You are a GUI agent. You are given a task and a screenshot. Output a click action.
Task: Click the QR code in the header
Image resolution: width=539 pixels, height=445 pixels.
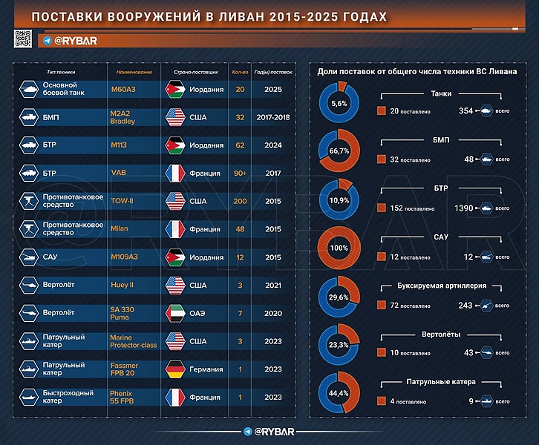(23, 39)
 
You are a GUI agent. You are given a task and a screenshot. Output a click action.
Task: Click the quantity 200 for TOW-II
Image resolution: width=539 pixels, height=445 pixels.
(240, 201)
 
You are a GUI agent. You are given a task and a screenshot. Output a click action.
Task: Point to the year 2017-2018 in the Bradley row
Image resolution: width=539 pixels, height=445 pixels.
(273, 117)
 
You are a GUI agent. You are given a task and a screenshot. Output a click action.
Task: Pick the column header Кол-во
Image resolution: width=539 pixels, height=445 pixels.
(239, 73)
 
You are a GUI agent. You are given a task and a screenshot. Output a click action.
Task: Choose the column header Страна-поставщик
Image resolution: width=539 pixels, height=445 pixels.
(196, 73)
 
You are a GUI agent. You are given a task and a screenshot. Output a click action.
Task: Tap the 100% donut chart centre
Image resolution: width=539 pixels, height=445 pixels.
(339, 247)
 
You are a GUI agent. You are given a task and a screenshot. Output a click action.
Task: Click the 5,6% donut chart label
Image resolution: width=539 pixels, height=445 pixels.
(339, 104)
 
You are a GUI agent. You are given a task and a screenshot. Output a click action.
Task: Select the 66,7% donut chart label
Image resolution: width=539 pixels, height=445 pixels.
(339, 151)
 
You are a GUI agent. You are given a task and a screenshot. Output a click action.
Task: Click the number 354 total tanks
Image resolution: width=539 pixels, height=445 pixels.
(467, 111)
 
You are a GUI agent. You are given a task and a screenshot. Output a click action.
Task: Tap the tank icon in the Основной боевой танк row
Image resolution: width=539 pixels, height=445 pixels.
(30, 89)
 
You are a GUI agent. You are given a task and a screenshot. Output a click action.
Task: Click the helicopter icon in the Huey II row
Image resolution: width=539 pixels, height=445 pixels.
(30, 285)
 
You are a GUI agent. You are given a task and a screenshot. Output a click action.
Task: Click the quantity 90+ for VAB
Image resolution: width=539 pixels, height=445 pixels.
(240, 174)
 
